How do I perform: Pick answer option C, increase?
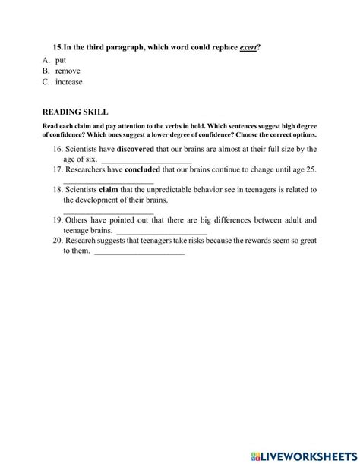68,82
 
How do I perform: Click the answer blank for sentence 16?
146,162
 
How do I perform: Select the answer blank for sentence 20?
139,251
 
